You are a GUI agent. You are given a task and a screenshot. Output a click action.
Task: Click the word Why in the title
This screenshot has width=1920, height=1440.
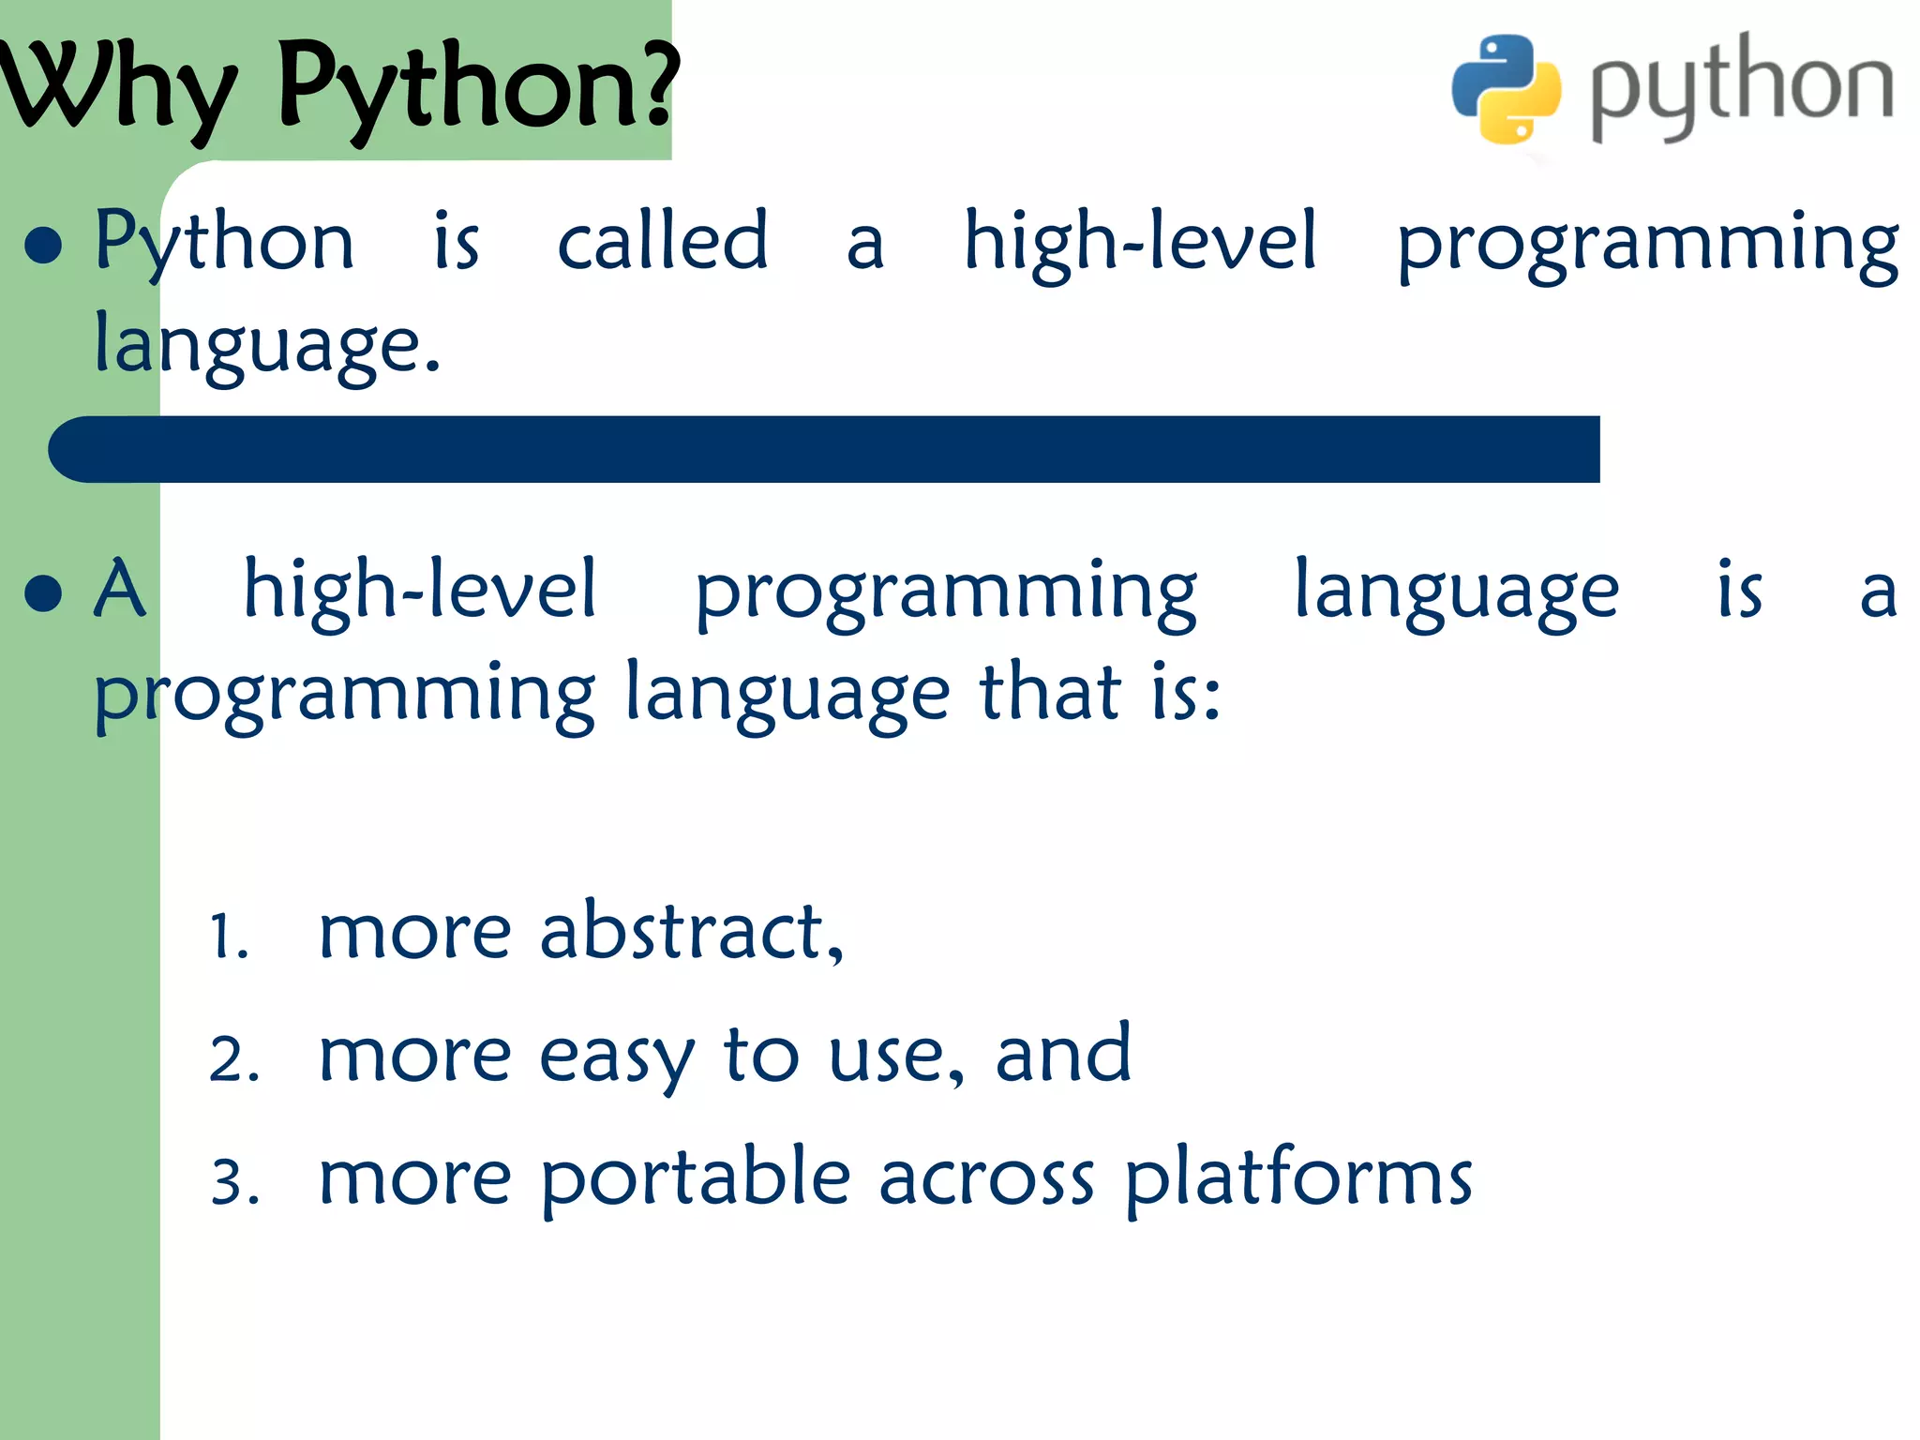coord(117,89)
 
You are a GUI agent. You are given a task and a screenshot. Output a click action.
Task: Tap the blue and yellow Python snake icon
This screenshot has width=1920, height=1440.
coord(1507,89)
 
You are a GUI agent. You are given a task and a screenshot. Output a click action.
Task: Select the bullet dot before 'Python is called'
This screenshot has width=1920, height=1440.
coord(43,246)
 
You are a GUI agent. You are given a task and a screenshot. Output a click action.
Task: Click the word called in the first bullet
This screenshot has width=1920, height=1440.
coord(662,242)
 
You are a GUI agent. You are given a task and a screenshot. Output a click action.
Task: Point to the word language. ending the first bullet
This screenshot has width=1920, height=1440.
coord(266,345)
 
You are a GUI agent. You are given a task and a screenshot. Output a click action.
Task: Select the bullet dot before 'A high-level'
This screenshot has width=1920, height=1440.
coord(43,593)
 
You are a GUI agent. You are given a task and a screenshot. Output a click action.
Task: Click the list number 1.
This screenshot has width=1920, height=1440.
coord(229,936)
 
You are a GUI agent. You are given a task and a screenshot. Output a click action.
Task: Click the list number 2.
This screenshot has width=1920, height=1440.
coord(232,1060)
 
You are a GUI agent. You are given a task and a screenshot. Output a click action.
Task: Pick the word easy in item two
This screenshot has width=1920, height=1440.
coord(616,1057)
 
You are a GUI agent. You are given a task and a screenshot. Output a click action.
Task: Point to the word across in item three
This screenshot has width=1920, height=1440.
coord(985,1179)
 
